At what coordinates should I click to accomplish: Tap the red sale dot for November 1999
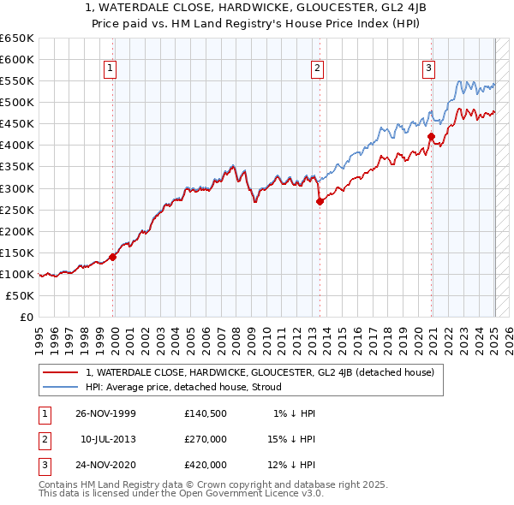click(x=113, y=256)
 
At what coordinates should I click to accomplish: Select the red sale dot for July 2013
click(x=320, y=201)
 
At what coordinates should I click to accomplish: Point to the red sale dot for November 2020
click(x=432, y=136)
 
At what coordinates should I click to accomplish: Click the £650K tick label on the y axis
click(x=18, y=39)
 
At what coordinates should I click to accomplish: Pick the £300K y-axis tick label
click(x=18, y=188)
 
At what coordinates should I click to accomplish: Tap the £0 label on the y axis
click(x=27, y=317)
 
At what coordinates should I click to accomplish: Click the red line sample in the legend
click(x=60, y=372)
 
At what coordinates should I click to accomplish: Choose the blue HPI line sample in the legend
click(x=60, y=387)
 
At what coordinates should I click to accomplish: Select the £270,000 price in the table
click(x=206, y=440)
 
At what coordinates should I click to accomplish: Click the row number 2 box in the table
click(x=44, y=440)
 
